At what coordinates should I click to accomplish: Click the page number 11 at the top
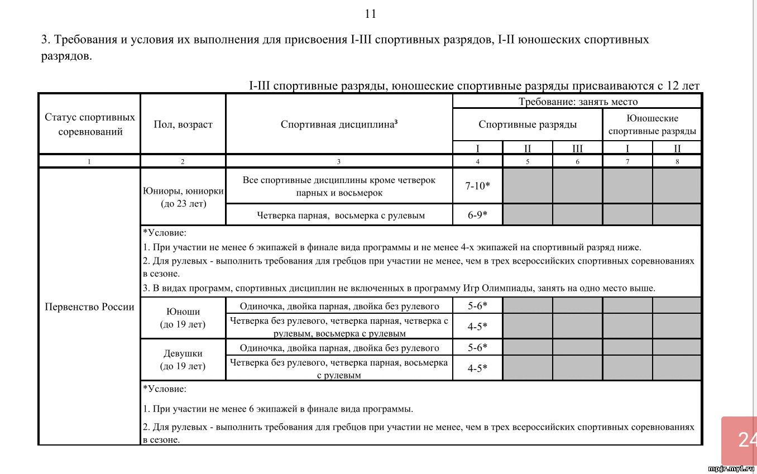pos(371,14)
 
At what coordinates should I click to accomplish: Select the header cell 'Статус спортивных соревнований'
pos(89,125)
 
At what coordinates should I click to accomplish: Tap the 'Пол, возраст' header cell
pos(183,125)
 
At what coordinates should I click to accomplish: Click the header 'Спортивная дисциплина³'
pos(339,125)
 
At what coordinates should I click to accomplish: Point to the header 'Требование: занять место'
pos(578,102)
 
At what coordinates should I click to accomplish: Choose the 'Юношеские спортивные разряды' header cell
pos(652,125)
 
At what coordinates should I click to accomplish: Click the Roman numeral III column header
pos(577,149)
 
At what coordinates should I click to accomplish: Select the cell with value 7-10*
pos(477,186)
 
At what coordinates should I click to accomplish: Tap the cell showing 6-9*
pos(477,215)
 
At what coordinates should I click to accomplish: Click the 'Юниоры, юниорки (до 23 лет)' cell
pos(183,197)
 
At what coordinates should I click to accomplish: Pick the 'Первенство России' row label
pos(89,307)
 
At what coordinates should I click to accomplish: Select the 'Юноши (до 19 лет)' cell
pos(183,318)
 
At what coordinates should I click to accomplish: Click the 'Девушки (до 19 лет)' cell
pos(183,360)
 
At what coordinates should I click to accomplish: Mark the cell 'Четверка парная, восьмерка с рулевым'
pos(341,215)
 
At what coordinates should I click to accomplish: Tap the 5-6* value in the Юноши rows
pos(477,305)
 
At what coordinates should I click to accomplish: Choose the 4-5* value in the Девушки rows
pos(477,368)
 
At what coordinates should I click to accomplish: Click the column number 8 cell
pos(677,161)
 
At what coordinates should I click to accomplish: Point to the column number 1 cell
pos(89,161)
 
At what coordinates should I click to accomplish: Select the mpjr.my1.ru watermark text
pos(731,468)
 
